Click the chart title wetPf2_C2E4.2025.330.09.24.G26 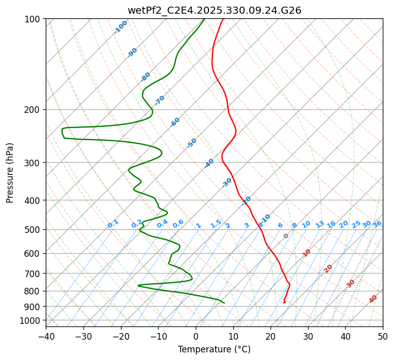(214, 10)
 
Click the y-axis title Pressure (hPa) (10, 172)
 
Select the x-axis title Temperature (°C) (214, 349)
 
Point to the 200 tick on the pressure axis (34, 109)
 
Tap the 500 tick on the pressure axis (34, 229)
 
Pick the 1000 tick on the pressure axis (32, 320)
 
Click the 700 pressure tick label (34, 274)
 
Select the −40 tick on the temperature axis (46, 336)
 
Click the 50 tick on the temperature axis (383, 336)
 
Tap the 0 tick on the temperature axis (196, 336)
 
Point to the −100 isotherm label (120, 27)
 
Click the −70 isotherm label (160, 100)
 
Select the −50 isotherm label (192, 143)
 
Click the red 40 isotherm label (373, 299)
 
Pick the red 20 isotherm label (328, 268)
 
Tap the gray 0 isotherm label (286, 236)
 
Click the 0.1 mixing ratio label (113, 223)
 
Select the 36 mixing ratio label (377, 224)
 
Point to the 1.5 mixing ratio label (216, 223)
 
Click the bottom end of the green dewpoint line (224, 303)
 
